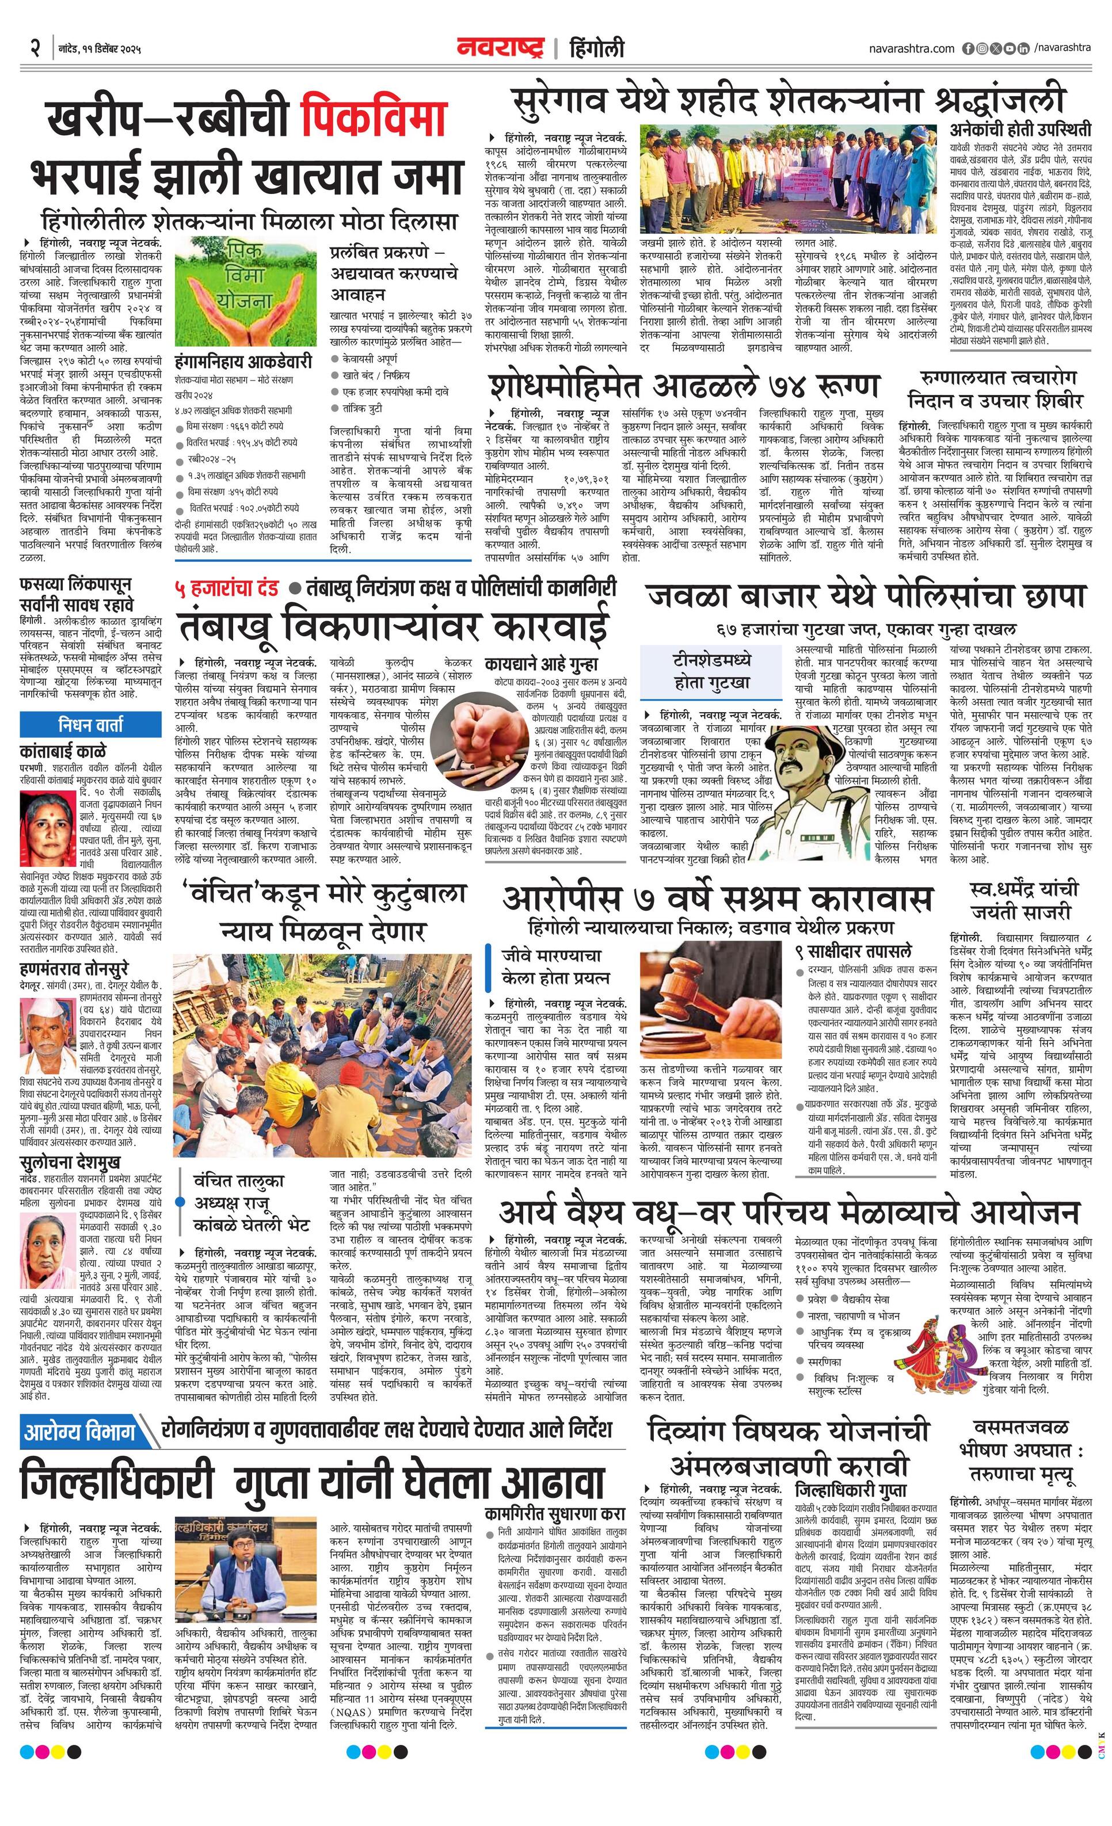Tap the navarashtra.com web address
click(x=911, y=48)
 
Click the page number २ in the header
click(x=35, y=48)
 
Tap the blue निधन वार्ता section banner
click(x=90, y=724)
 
